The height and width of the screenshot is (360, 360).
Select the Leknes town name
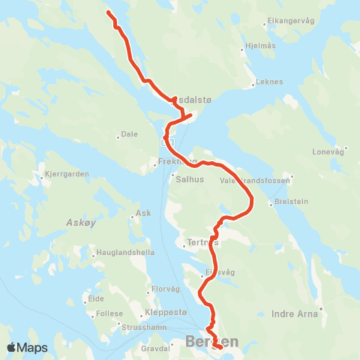270,84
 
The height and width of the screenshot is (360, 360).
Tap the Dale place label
130,135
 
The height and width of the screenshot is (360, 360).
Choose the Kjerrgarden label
67,173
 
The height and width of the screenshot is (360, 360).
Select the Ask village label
143,213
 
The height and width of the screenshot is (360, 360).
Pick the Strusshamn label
141,328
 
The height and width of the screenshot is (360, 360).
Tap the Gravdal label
156,349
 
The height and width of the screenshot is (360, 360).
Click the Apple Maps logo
27,348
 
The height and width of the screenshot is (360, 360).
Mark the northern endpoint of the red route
109,13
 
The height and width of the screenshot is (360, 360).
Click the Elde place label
96,298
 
